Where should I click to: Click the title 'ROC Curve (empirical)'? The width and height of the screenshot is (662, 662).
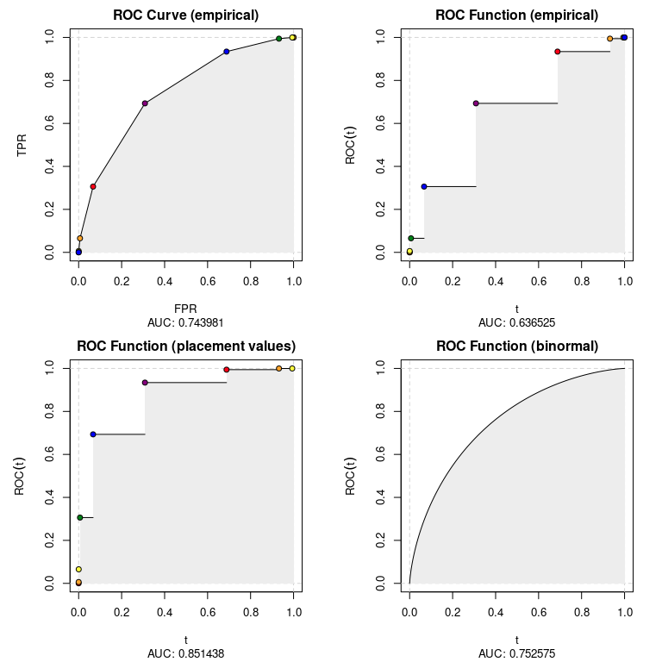click(186, 16)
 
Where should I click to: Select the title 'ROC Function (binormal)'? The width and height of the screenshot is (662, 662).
click(517, 347)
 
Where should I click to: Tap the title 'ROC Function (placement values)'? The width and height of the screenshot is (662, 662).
click(186, 347)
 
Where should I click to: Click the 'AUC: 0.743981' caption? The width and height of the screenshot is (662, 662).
click(186, 322)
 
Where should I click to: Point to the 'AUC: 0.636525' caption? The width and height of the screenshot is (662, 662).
click(517, 322)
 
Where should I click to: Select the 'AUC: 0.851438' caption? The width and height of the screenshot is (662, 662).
click(186, 653)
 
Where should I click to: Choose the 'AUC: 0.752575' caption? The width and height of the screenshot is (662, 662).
click(517, 653)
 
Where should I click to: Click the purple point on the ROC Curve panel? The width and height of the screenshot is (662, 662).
click(145, 103)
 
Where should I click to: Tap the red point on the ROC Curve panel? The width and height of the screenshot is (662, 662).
click(93, 186)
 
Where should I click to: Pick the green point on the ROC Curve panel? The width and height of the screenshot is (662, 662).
click(279, 39)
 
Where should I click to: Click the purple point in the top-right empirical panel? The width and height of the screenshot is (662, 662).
click(476, 103)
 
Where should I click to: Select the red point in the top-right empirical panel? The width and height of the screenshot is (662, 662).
click(558, 52)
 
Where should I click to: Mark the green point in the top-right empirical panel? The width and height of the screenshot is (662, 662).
click(411, 238)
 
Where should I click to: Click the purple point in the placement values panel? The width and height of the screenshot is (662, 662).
click(145, 383)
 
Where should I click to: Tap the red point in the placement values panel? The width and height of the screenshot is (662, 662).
click(227, 370)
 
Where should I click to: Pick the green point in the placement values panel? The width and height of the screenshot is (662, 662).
click(79, 517)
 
